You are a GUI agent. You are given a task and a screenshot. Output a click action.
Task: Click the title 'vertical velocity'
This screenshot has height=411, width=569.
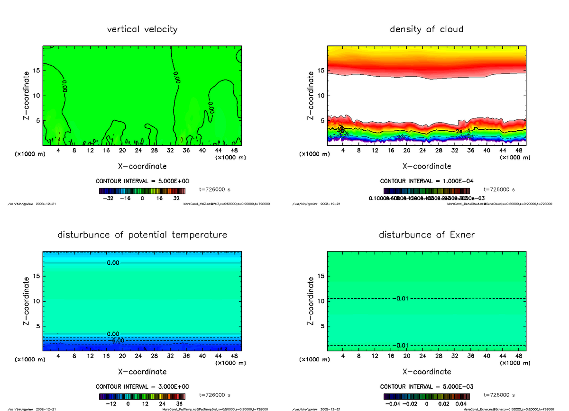pyautogui.click(x=142, y=29)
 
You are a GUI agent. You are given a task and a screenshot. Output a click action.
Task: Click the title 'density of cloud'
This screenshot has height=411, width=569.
pyautogui.click(x=426, y=29)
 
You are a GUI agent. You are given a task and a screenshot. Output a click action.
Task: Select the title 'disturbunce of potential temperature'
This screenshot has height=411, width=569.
pyautogui.click(x=142, y=235)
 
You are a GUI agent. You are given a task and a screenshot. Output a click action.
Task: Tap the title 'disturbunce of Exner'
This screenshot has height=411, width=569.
pyautogui.click(x=426, y=235)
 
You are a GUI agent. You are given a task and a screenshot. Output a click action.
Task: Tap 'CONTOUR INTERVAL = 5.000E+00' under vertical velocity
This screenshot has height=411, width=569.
pyautogui.click(x=142, y=181)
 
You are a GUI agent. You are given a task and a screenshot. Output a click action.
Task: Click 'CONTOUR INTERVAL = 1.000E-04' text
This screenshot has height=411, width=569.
pyautogui.click(x=426, y=181)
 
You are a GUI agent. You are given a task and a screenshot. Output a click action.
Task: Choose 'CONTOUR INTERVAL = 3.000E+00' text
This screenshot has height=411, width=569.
pyautogui.click(x=142, y=386)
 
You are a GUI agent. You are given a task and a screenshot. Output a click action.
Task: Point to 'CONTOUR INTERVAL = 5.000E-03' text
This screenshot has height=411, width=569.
pyautogui.click(x=426, y=386)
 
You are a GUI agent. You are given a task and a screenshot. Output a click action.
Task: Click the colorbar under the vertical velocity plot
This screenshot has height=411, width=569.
pyautogui.click(x=142, y=191)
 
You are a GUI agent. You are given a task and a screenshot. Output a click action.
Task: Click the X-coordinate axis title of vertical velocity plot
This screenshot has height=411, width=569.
pyautogui.click(x=142, y=166)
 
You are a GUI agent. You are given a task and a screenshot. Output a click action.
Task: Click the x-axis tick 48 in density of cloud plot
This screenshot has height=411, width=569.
pyautogui.click(x=518, y=150)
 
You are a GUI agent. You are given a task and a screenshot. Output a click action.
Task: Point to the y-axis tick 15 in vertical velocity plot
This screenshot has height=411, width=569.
pyautogui.click(x=37, y=71)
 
